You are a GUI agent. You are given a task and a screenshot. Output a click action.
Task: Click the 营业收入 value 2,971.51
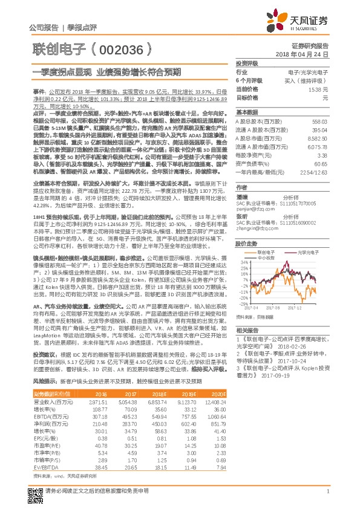(x=97, y=401)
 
